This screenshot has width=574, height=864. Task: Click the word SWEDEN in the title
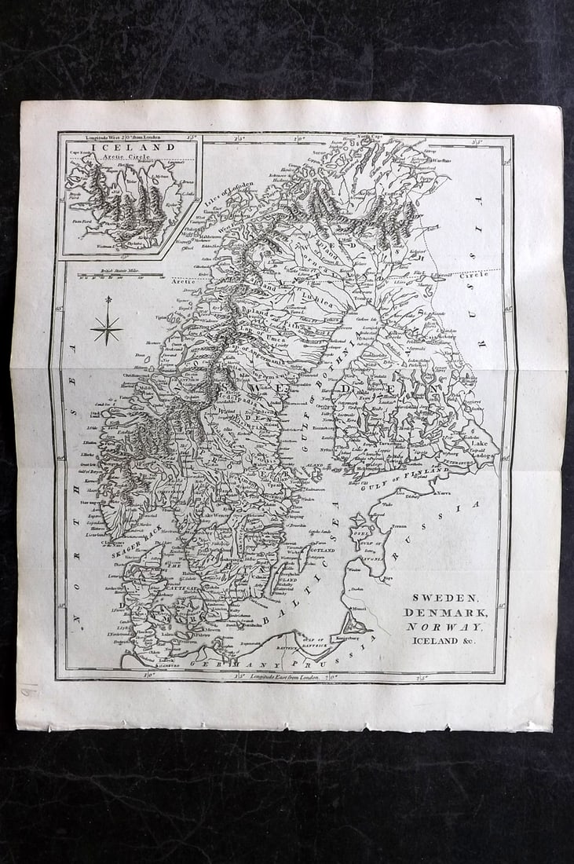[445, 598]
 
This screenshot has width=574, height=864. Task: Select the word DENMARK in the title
[445, 612]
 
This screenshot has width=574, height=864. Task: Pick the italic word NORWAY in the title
[445, 626]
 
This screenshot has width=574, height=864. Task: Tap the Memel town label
[359, 609]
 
